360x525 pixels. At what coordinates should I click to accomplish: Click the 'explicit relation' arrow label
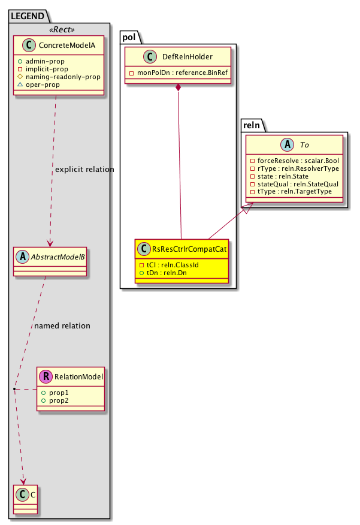[84, 170]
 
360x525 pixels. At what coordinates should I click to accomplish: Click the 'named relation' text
[62, 326]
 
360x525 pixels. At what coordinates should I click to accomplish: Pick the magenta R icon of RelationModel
[46, 377]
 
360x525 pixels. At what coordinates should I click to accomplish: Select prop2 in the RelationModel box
[59, 400]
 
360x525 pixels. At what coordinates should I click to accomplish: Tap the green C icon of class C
[20, 494]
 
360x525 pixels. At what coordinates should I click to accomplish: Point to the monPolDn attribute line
[178, 73]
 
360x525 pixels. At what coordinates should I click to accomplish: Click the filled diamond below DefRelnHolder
[179, 89]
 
